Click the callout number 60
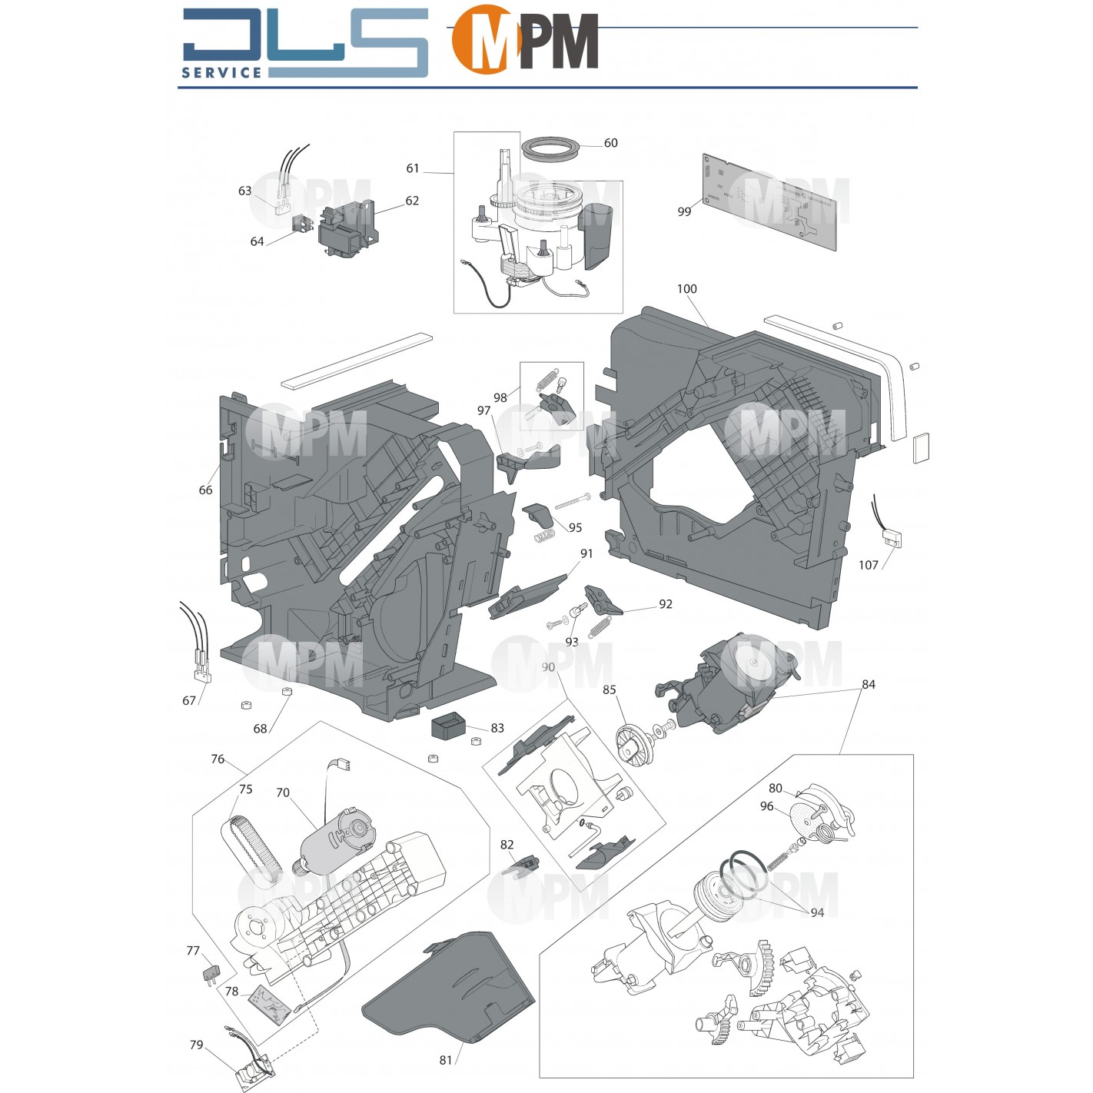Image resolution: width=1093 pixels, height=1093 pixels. click(x=610, y=143)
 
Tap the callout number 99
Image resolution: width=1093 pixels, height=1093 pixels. click(x=684, y=211)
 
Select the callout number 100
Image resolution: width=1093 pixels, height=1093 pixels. click(x=686, y=289)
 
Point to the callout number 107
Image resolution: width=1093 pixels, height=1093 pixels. click(x=868, y=565)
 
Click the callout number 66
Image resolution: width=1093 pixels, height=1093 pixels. click(x=205, y=490)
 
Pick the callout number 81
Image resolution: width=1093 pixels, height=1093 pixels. click(x=446, y=1060)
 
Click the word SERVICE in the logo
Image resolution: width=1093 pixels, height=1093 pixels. click(x=221, y=72)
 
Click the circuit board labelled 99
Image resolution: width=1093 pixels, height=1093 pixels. click(x=770, y=201)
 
